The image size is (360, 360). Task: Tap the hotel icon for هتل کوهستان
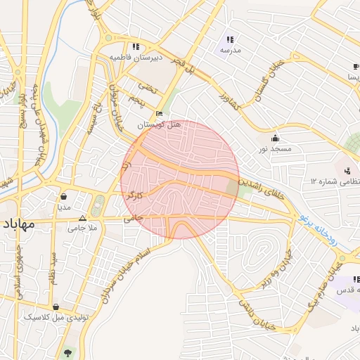pos(160,114)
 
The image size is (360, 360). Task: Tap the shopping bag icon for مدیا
pos(64,196)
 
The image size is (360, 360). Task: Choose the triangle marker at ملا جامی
pos(82,218)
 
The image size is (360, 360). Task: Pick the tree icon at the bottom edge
pos(67,353)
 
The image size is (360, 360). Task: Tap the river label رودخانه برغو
pos(328,239)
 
